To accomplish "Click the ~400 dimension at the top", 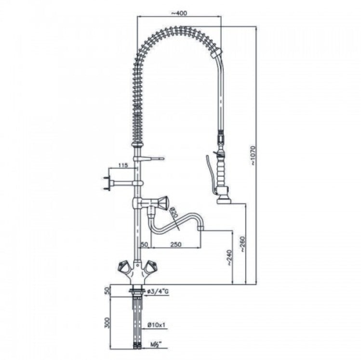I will click(x=180, y=13).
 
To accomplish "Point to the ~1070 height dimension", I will click(x=254, y=155).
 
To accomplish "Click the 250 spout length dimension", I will click(x=177, y=244).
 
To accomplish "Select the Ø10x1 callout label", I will click(x=157, y=325).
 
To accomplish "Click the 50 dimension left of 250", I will click(x=144, y=244).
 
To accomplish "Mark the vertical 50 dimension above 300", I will click(x=108, y=290).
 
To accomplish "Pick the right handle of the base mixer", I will click(x=153, y=266).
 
